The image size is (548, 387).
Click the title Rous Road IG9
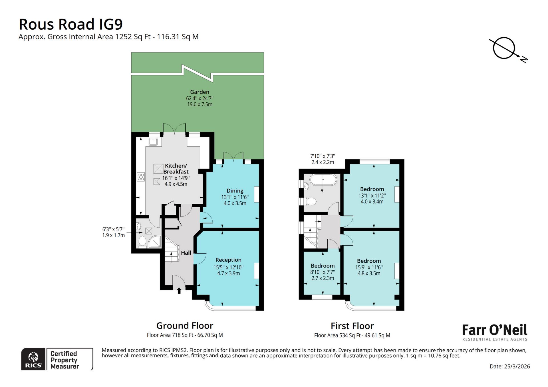[x=70, y=24]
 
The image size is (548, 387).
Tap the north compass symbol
[x=504, y=48]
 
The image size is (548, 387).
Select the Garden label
[x=200, y=92]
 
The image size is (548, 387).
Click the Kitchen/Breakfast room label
[x=176, y=169]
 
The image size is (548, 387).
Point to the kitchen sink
[x=153, y=141]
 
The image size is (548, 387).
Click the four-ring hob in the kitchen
[x=141, y=177]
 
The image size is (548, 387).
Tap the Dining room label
[x=235, y=191]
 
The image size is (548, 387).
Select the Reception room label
[x=228, y=260]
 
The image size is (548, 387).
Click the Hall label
[x=186, y=253]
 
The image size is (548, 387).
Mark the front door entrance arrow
[x=179, y=290]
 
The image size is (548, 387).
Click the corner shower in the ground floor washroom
[x=155, y=242]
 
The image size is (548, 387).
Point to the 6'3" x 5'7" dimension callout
[x=113, y=232]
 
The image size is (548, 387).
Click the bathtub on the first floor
[x=323, y=180]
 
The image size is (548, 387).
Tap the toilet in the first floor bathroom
[x=310, y=201]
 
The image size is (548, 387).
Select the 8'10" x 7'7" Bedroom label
[x=323, y=266]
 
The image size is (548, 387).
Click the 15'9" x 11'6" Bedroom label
[x=369, y=261]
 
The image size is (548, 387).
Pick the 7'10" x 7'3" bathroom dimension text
[x=323, y=159]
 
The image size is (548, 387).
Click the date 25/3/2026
[x=509, y=366]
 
